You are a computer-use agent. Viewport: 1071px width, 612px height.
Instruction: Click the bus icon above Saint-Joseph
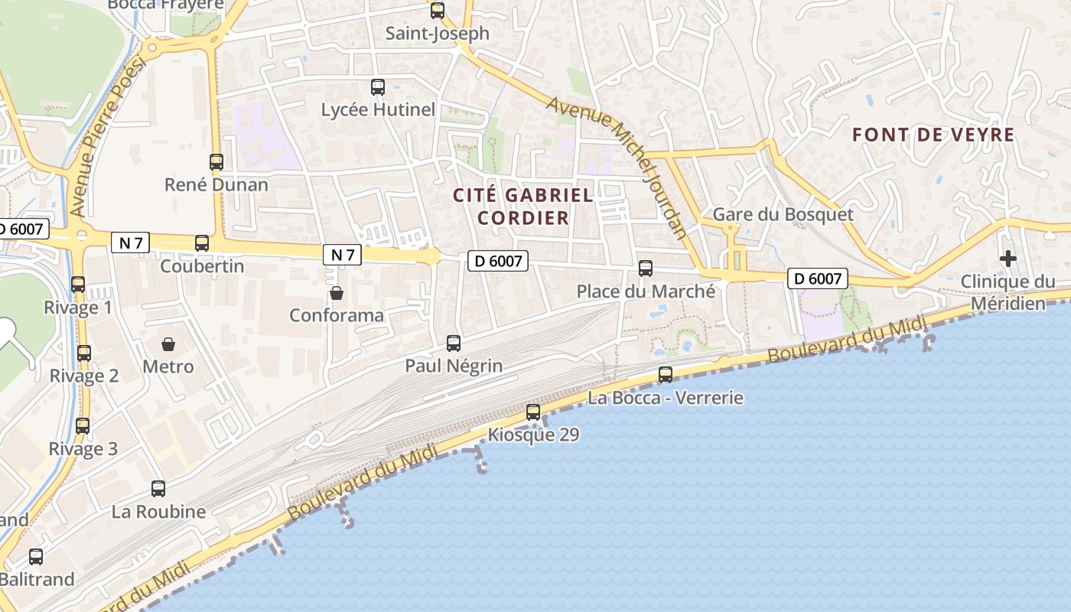tap(437, 11)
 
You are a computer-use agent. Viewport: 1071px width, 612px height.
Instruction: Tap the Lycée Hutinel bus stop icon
tap(378, 87)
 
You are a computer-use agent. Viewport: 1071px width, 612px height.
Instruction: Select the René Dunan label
tap(216, 184)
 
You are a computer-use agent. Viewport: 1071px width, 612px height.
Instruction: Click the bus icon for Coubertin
tap(202, 243)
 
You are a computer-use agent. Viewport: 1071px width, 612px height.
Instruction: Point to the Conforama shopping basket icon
tap(336, 292)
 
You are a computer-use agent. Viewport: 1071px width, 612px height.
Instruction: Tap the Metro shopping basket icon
tap(168, 344)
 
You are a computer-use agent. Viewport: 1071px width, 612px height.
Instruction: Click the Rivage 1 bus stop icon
tap(77, 285)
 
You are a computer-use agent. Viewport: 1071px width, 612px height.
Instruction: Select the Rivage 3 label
tap(83, 449)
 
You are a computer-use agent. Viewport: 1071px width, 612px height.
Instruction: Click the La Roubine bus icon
tap(158, 488)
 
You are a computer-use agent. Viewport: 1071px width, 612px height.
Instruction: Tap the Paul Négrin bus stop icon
tap(454, 343)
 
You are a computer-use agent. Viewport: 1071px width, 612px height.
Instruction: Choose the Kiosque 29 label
tap(533, 435)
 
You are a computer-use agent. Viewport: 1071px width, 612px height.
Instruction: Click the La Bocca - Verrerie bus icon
tap(666, 375)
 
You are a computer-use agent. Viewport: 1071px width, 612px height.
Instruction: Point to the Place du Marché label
tap(646, 291)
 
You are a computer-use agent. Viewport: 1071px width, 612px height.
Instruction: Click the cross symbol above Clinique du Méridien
tap(1008, 259)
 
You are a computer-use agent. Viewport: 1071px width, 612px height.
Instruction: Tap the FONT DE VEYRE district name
tap(933, 135)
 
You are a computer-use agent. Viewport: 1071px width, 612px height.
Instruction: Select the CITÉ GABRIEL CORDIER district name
tap(523, 207)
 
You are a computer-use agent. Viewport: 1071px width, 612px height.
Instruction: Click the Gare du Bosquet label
tap(783, 214)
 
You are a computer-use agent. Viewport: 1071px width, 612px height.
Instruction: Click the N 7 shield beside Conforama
tap(342, 255)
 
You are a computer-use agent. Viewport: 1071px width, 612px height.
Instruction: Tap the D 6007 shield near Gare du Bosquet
tap(818, 278)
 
